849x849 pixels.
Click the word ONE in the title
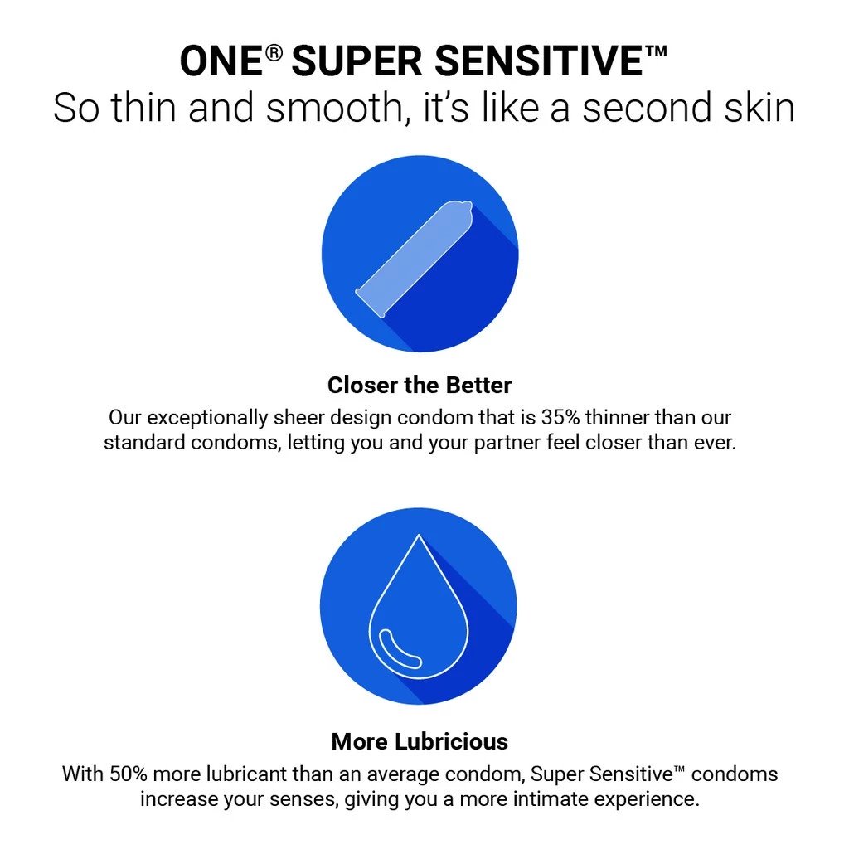pyautogui.click(x=221, y=61)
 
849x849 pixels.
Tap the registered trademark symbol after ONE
pyautogui.click(x=274, y=54)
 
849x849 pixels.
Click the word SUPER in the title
pyautogui.click(x=357, y=61)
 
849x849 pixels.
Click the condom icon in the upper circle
pyautogui.click(x=415, y=259)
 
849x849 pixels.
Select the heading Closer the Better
pyautogui.click(x=420, y=385)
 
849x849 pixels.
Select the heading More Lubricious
pyautogui.click(x=420, y=741)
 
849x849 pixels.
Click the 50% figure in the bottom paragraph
pyautogui.click(x=129, y=774)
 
